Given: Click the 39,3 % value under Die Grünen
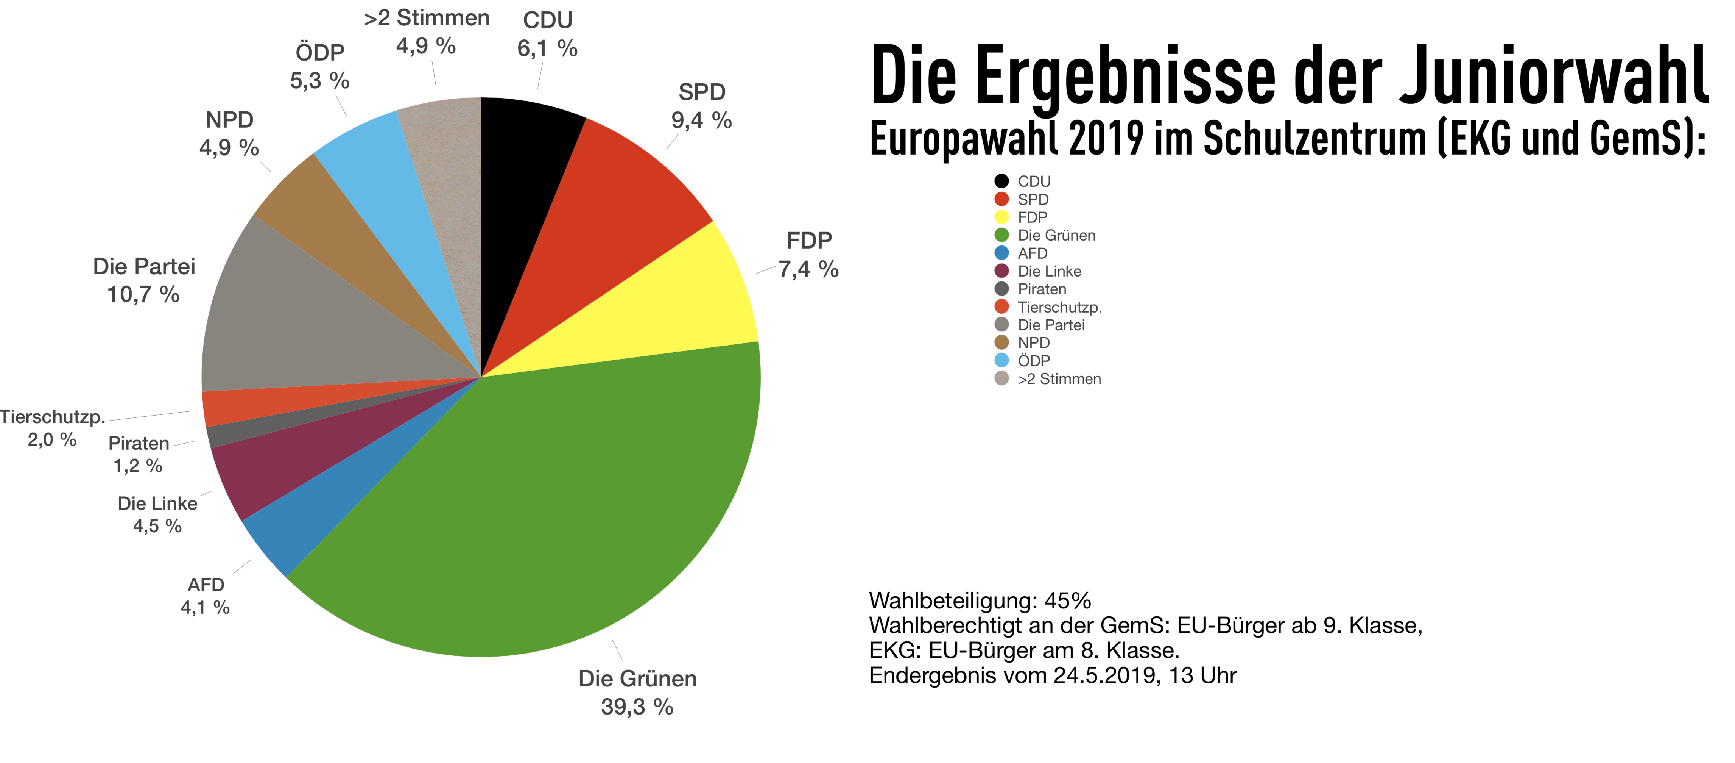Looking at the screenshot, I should [x=637, y=707].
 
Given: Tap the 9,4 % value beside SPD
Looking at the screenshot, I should [x=701, y=120].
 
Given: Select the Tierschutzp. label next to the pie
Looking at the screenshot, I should [x=53, y=417].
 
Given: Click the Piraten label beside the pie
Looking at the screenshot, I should [x=139, y=444].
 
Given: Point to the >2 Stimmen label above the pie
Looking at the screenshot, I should [x=426, y=18].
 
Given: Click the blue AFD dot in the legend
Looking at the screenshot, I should [x=1001, y=253].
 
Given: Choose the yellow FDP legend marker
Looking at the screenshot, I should [x=1001, y=217].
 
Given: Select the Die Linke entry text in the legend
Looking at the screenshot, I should [x=1049, y=271].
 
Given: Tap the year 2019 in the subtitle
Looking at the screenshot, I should [x=1106, y=138].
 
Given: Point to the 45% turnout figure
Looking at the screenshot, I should [x=1068, y=600].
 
